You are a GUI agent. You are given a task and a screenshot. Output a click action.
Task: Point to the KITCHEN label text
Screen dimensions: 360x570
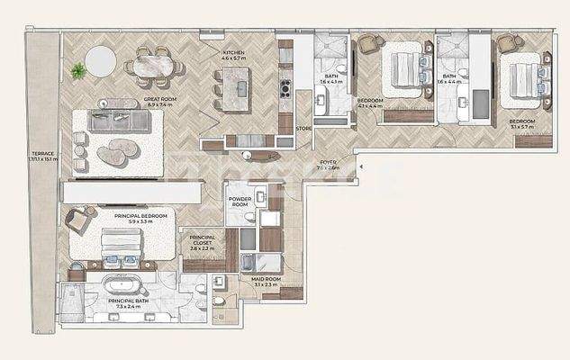pos(233,54)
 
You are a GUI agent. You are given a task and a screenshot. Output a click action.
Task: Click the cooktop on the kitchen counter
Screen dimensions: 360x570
pos(285,88)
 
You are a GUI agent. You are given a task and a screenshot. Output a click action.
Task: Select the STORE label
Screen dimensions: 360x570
pos(303,129)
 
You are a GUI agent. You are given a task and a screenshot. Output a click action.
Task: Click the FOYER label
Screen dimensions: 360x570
pos(328,163)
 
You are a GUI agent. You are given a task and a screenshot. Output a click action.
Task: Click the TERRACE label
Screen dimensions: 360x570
pos(42,154)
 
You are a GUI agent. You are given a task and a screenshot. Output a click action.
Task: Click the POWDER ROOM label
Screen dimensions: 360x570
pos(239,202)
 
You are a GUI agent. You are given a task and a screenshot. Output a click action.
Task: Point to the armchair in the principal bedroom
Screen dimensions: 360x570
pos(78,218)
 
